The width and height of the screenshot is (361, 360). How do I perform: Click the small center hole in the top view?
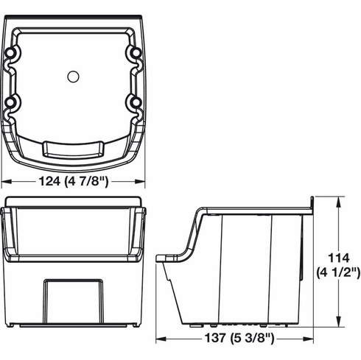73,76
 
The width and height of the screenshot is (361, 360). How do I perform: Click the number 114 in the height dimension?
339,258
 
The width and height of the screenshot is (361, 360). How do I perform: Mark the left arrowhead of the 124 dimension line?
4,183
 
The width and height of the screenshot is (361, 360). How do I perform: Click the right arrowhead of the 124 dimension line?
142,183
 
